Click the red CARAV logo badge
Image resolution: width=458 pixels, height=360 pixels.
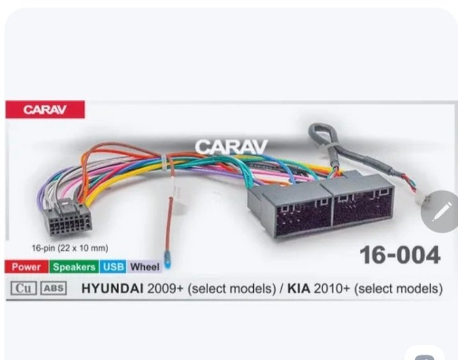(45, 109)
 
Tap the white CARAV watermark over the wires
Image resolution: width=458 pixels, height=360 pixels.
(231, 147)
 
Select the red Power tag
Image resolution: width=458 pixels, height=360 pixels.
(26, 267)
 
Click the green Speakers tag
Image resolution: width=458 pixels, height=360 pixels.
(74, 267)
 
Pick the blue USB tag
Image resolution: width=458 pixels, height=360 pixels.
(113, 267)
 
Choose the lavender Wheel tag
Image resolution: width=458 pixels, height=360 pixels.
(144, 267)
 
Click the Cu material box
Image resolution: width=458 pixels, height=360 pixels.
(24, 288)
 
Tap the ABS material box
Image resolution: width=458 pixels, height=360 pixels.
(53, 288)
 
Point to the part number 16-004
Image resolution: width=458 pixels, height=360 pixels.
(399, 255)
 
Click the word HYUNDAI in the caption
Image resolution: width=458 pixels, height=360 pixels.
(113, 289)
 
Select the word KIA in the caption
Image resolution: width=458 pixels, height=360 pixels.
(299, 289)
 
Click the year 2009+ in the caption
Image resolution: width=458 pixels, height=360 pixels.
(165, 289)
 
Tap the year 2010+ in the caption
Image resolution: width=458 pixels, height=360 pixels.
(331, 289)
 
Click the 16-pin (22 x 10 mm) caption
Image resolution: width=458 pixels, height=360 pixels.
(70, 248)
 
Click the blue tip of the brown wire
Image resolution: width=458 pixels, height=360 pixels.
(167, 264)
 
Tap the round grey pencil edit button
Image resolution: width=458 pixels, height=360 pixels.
(440, 211)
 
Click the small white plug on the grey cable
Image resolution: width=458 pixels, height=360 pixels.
(421, 202)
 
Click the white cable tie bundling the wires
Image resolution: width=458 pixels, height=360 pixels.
(165, 163)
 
